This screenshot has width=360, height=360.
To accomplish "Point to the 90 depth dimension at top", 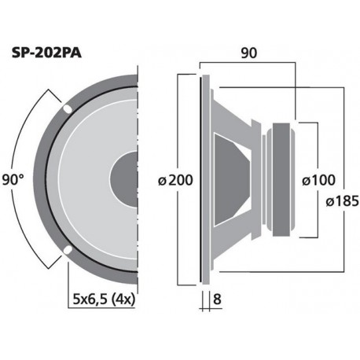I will point(248,54).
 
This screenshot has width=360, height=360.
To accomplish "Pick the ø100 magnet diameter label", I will point(320,179).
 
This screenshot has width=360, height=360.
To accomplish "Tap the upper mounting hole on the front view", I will point(67,108).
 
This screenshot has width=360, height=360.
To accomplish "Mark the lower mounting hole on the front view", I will point(67,251).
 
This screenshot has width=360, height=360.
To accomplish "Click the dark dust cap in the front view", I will point(126,179).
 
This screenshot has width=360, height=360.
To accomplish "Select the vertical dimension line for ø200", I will point(195,126).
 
